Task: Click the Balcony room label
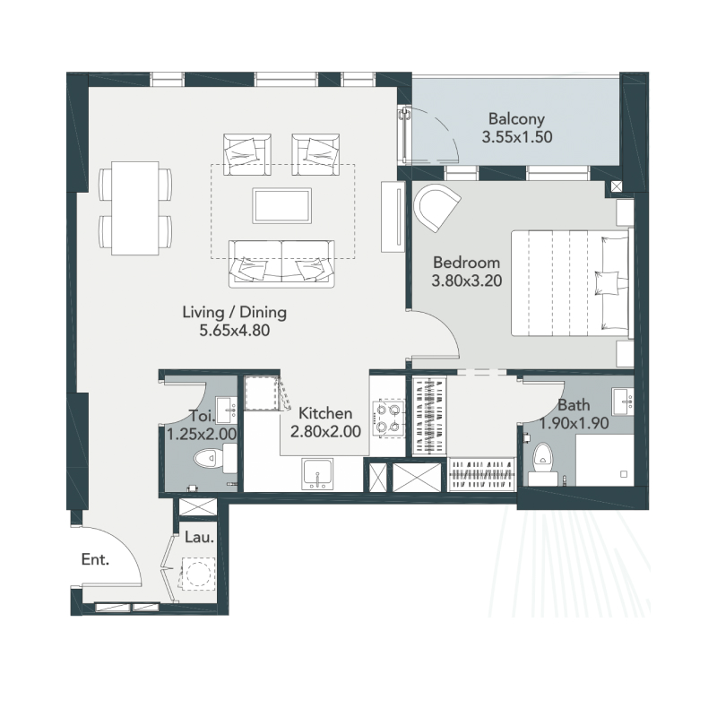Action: pyautogui.click(x=515, y=119)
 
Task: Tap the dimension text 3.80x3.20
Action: pyautogui.click(x=465, y=280)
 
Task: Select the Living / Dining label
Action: pyautogui.click(x=234, y=313)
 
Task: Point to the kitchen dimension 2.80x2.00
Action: pyautogui.click(x=324, y=431)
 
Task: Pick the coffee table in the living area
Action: pyautogui.click(x=282, y=205)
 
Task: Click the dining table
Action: pyautogui.click(x=135, y=207)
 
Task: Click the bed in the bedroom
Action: pyautogui.click(x=569, y=283)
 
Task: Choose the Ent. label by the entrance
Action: pyautogui.click(x=95, y=560)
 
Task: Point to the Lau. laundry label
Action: pyautogui.click(x=198, y=539)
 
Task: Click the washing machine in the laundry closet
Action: pyautogui.click(x=196, y=573)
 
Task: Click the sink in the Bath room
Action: pyautogui.click(x=622, y=400)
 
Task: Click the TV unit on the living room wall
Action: pyautogui.click(x=392, y=218)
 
